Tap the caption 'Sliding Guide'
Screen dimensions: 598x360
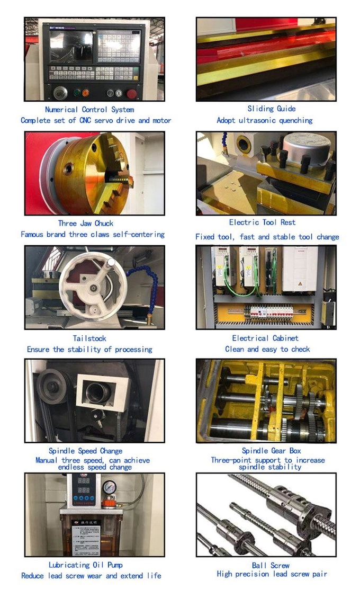point(271,109)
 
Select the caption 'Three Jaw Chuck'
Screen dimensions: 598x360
point(85,224)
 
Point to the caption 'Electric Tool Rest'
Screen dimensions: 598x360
point(269,222)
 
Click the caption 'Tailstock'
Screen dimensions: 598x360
point(89,338)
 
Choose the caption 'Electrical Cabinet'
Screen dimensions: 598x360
point(265,338)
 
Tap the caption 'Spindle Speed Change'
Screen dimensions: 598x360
point(85,451)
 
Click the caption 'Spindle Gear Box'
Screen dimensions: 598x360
point(267,451)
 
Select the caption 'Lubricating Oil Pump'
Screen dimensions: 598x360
point(85,565)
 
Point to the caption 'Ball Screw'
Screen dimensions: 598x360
point(271,565)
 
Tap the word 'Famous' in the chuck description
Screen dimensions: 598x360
point(32,234)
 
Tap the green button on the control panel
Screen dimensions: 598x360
point(85,93)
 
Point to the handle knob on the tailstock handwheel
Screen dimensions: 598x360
point(111,263)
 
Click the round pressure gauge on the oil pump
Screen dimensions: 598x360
point(110,486)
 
